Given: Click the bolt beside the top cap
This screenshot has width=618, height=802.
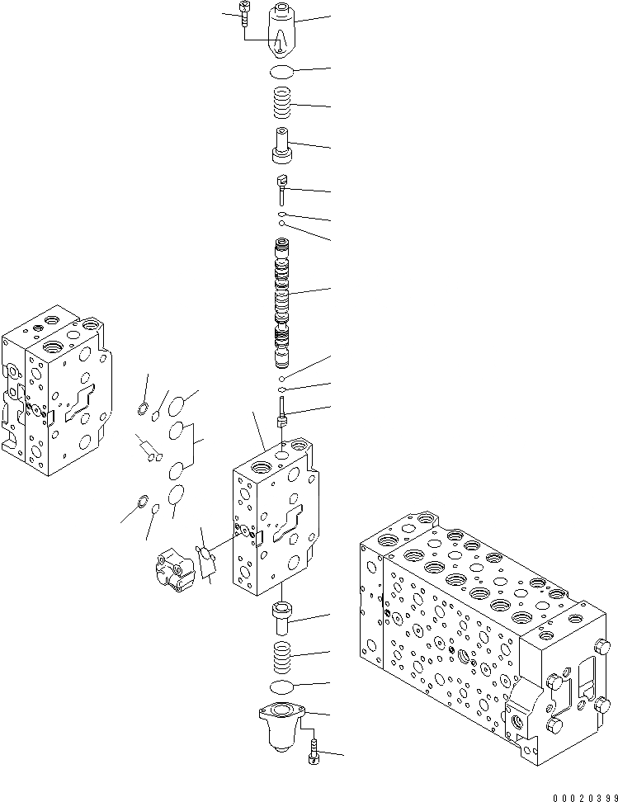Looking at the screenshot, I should pyautogui.click(x=240, y=14).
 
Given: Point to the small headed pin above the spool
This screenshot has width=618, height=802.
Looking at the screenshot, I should pyautogui.click(x=282, y=191).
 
